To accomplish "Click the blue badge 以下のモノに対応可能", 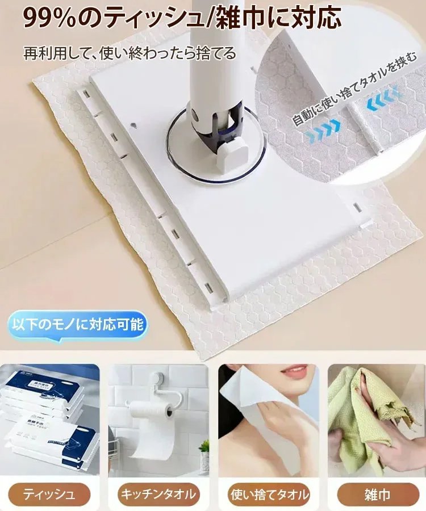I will click(x=78, y=326).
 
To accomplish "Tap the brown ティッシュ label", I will click(x=49, y=494).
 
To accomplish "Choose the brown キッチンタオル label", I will click(x=157, y=494).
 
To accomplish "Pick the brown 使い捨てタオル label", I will click(x=269, y=494).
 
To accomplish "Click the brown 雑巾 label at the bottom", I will click(x=377, y=494).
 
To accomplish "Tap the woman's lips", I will click(x=294, y=373).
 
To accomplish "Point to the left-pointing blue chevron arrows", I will click(x=383, y=101).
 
